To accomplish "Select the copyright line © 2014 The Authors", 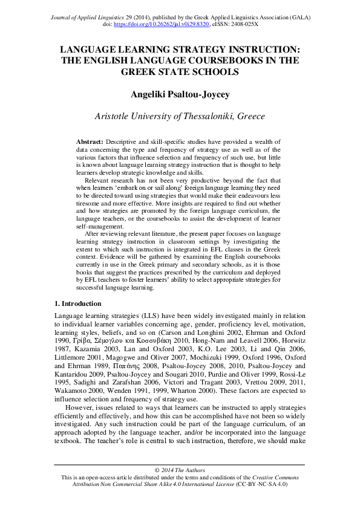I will click(180, 470).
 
